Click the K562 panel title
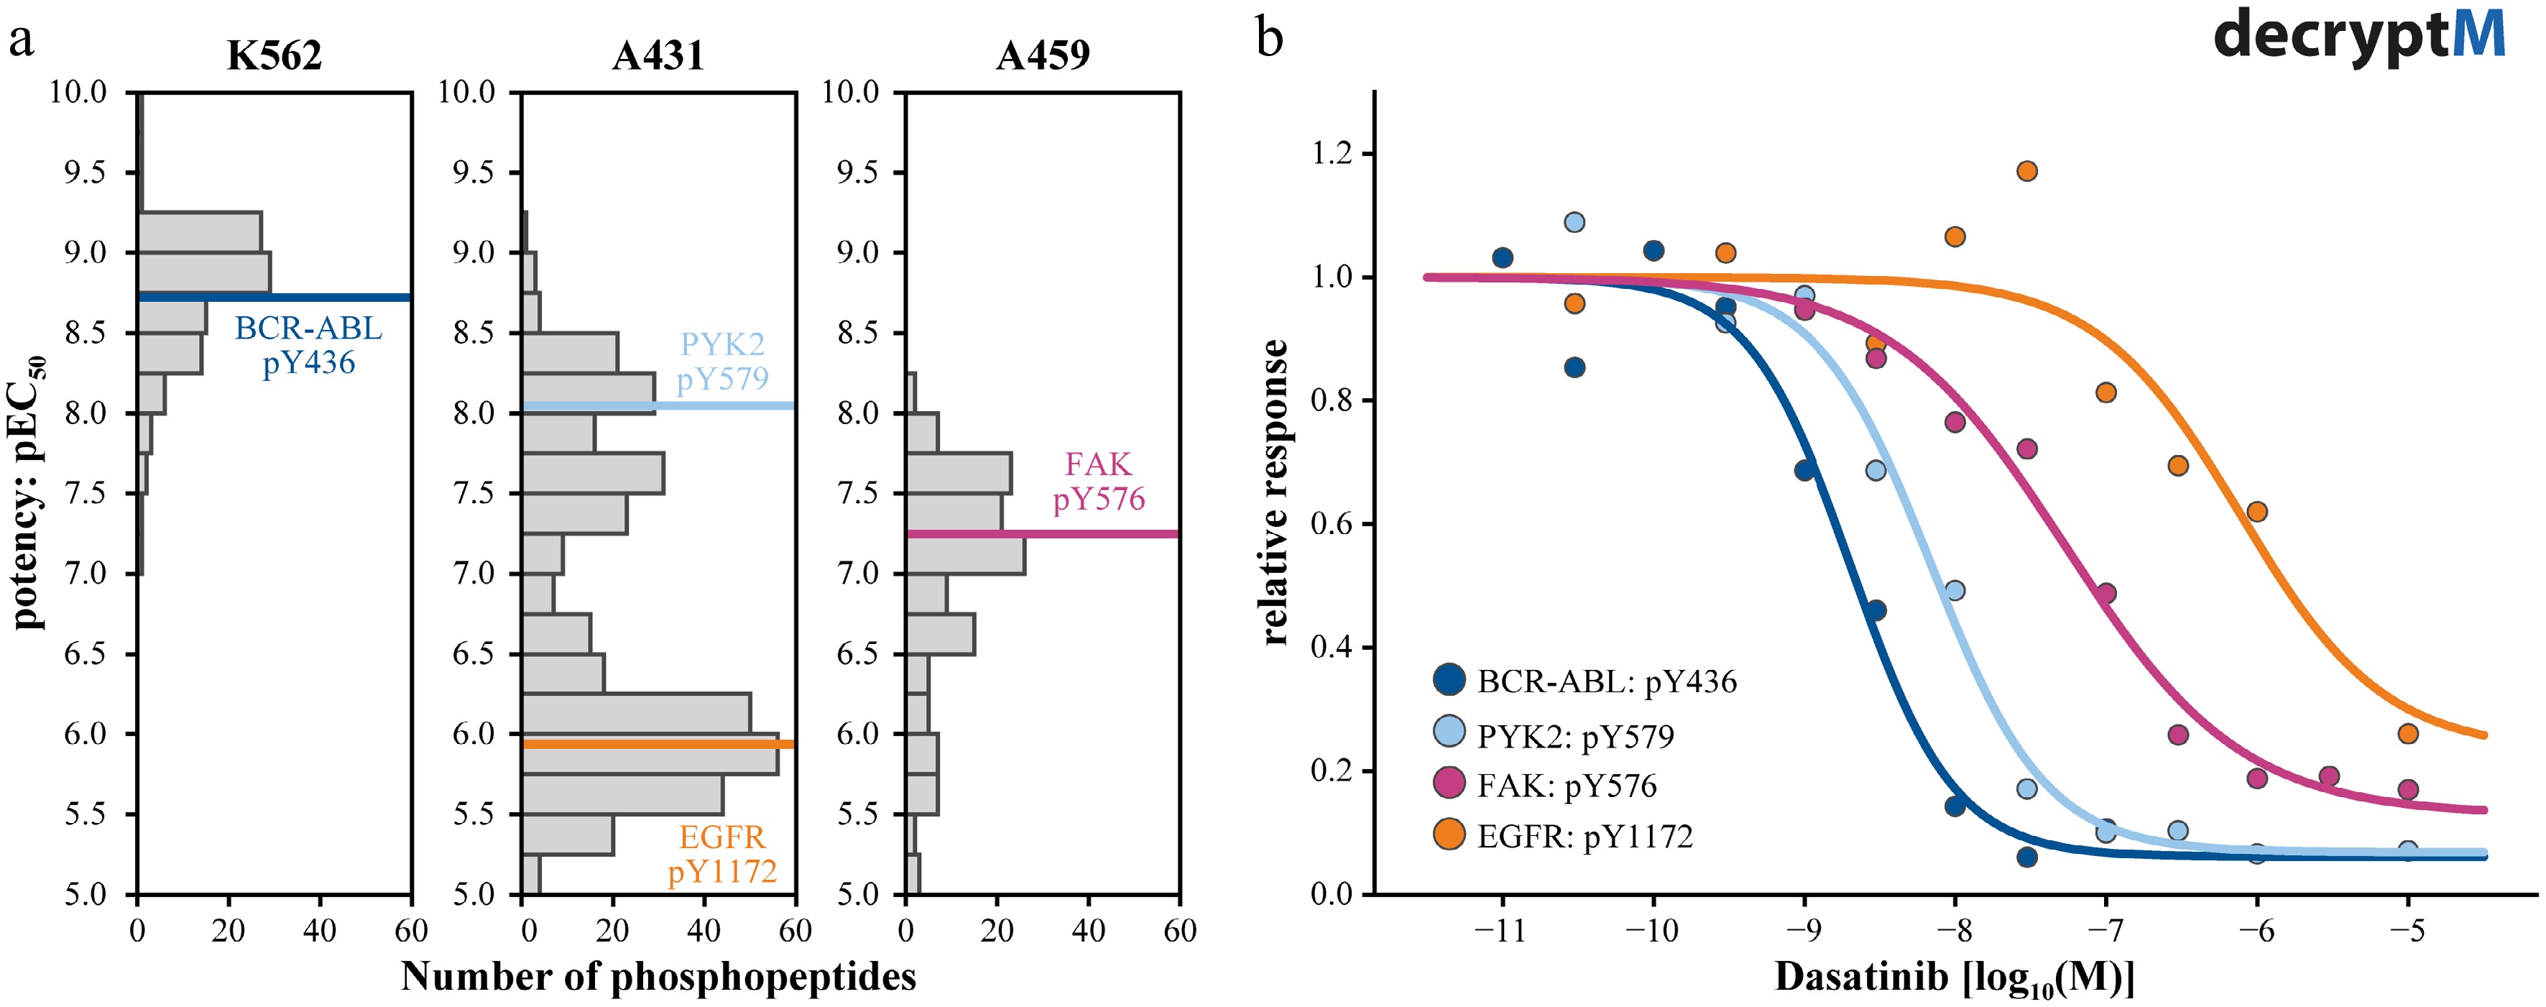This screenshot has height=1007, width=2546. coord(274,55)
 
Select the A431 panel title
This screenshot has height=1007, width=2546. coord(658,55)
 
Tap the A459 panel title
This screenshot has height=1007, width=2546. coord(1043,55)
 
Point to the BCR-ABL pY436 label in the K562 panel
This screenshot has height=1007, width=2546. coord(308,345)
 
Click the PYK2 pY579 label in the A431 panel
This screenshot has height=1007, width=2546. coord(722,361)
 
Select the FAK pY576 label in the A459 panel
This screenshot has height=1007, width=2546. coord(1098,482)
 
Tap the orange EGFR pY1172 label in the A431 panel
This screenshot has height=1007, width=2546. coord(722,854)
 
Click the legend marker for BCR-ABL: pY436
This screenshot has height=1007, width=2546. coord(1449,680)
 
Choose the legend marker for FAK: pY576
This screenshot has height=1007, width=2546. coord(1449,783)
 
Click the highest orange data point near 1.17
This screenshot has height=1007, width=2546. coord(2027,171)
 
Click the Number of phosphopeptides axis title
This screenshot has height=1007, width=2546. coord(658,976)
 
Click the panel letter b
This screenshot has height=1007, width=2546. coord(1269,40)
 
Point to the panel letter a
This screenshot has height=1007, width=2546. coord(21,42)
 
